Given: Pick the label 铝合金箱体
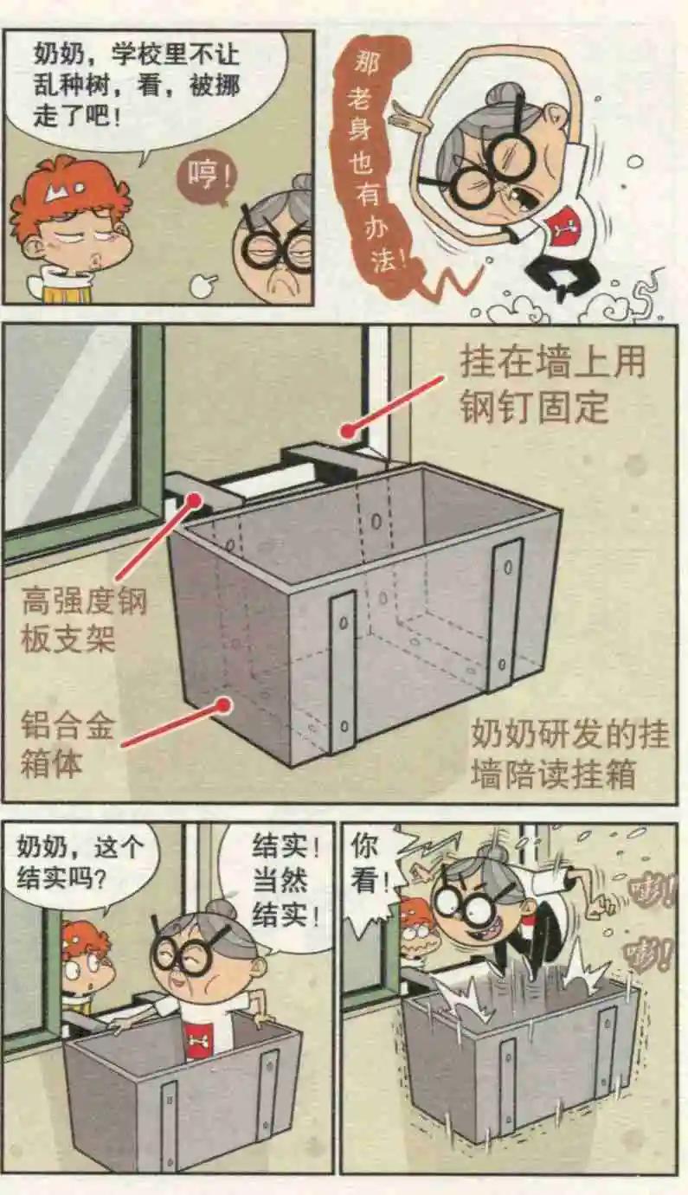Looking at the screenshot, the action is click(66, 745).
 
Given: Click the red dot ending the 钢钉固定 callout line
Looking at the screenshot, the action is click(349, 429).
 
